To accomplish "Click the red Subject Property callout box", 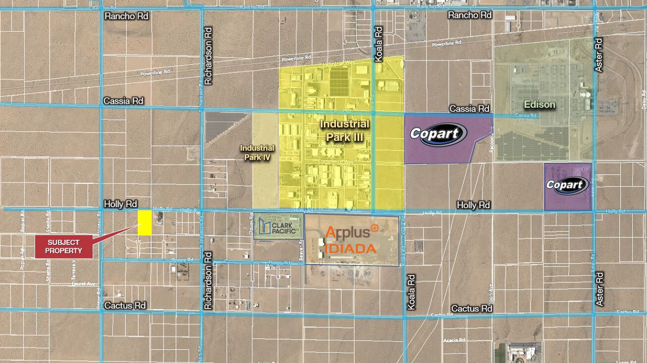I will coord(64,246).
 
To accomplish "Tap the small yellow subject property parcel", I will coord(145,223).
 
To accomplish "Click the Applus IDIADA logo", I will coord(351,239).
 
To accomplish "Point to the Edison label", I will coord(539,105).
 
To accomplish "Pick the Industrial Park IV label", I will coord(257,152).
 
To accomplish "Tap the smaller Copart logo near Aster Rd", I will coord(567,185).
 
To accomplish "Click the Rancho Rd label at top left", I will coord(126,16).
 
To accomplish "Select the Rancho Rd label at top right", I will coord(470,15).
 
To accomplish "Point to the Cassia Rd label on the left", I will coord(123,101).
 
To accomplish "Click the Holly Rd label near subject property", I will coord(120,204).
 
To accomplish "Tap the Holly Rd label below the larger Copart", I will coord(473,205).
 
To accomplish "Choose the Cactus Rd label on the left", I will coord(125,306).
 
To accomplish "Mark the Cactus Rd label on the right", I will coord(472,309).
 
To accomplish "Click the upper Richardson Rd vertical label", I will coord(208,56).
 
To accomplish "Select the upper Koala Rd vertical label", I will coord(379,44).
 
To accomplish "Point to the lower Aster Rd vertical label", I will coord(599,289).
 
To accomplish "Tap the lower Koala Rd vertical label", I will coord(411,292).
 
